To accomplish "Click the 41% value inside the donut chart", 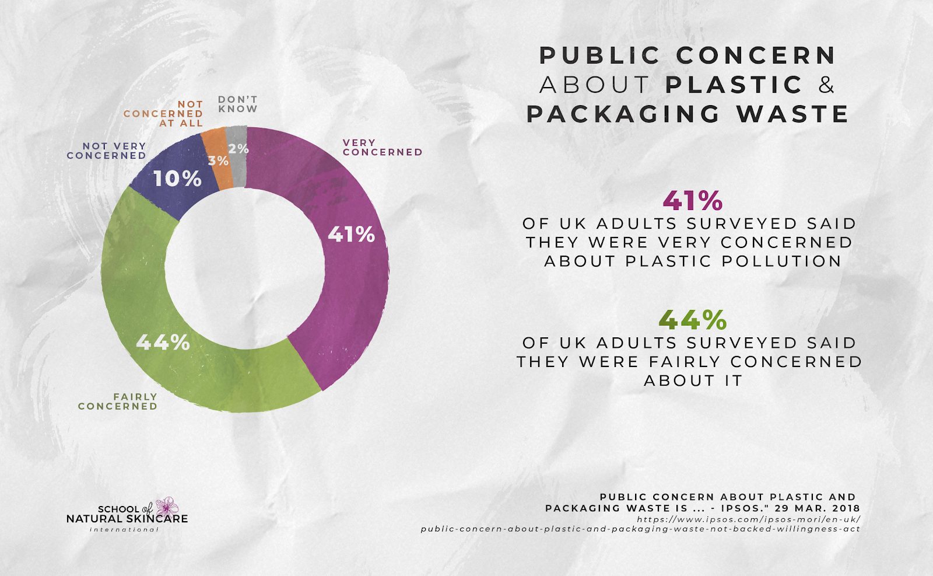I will point(350,235).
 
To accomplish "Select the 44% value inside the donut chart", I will point(163,342).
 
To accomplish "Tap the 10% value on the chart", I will point(177,179).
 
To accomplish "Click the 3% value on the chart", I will point(218,160).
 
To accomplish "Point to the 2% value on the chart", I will point(238,149).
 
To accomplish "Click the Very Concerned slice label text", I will point(382,148).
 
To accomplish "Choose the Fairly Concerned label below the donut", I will point(118,402).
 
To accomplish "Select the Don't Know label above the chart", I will point(237,104).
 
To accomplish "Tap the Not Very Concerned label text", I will point(107,151).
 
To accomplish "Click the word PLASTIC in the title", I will point(734,85).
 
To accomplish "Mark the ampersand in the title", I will point(826,85).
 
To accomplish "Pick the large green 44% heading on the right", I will point(692,320).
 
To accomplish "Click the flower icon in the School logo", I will point(168,506).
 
